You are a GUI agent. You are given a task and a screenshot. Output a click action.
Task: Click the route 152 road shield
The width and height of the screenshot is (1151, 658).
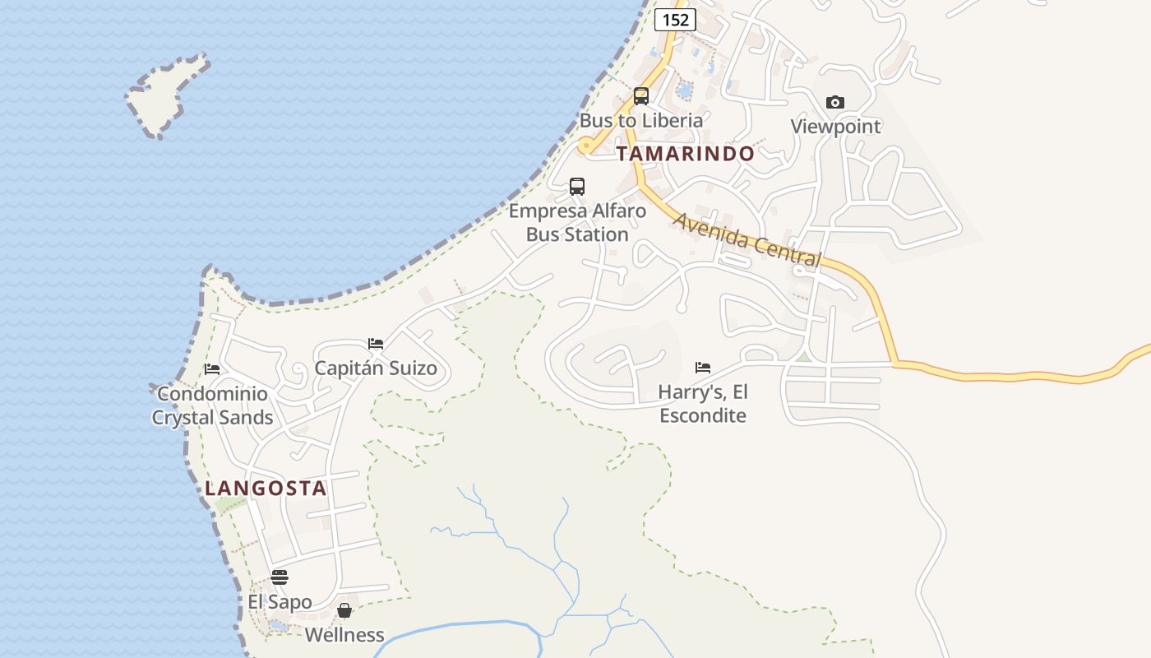coord(676,20)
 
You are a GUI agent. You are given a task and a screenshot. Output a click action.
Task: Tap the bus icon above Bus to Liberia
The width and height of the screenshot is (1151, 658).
coord(641,96)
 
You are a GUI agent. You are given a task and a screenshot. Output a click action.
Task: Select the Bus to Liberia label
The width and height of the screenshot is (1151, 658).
coord(641,120)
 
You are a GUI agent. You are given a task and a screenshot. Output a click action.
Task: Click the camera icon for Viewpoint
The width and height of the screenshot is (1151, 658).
coord(835,103)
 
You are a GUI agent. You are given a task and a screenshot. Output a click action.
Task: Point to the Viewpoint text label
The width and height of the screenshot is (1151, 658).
coord(835,127)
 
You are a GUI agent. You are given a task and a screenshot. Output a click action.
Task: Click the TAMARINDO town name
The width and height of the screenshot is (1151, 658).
coord(686,154)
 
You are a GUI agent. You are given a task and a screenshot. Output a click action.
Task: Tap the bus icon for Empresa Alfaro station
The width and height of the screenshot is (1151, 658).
coord(577,187)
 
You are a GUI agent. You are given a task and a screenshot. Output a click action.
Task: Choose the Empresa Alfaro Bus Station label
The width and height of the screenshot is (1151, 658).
coord(577,223)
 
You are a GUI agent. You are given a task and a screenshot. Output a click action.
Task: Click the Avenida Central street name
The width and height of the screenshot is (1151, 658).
coord(747,239)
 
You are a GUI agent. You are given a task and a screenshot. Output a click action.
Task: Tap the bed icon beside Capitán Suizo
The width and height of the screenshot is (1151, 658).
coord(376,344)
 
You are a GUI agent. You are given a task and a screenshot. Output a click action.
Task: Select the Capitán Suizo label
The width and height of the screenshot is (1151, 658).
coord(376,368)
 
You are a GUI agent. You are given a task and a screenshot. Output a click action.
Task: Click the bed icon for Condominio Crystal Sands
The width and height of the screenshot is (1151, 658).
coord(212,369)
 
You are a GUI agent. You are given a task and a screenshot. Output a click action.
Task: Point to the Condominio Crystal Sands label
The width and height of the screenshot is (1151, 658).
coord(212,405)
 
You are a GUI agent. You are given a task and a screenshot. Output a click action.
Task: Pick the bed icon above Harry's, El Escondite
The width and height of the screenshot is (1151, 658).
coord(703,368)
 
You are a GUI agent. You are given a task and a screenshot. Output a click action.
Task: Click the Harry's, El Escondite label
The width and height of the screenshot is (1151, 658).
coord(703,404)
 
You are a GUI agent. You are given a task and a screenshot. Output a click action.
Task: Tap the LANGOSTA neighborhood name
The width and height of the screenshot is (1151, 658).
coord(266,489)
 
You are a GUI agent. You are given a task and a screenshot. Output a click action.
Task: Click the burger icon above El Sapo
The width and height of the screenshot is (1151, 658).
coord(280,577)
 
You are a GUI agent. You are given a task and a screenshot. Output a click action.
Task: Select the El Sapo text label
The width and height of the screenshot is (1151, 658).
coord(280,602)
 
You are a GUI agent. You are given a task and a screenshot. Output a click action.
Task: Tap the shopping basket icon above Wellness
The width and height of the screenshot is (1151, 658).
coord(344,610)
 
